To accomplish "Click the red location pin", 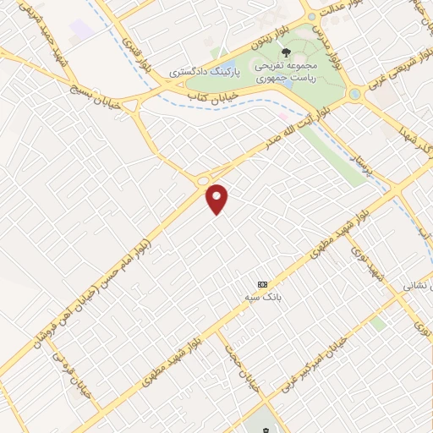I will [x=218, y=199].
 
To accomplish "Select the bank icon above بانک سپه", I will [x=262, y=284].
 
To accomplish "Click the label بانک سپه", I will [x=263, y=298].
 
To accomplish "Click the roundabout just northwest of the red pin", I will [x=203, y=181].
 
